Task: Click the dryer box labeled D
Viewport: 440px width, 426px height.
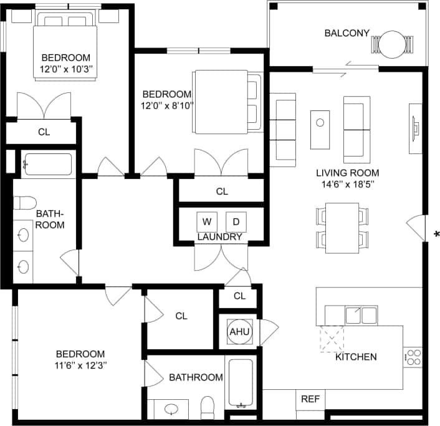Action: point(236,221)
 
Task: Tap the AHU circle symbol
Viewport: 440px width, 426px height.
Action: point(239,332)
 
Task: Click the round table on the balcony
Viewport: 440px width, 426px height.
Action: point(393,45)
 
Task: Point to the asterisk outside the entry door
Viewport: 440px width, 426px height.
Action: point(436,235)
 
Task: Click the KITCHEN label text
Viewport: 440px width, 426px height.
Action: point(356,357)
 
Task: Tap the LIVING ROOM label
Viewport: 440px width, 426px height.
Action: point(347,173)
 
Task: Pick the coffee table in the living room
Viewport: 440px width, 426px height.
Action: point(320,129)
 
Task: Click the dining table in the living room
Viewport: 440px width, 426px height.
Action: point(342,227)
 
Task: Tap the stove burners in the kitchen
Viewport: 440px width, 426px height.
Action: point(413,357)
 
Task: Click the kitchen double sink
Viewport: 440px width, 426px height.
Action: point(361,316)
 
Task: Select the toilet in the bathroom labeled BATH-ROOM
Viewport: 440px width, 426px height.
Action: point(26,203)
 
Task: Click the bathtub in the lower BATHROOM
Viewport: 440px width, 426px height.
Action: point(240,383)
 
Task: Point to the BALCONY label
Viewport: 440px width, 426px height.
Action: point(347,33)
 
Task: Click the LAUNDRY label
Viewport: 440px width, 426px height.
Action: point(219,237)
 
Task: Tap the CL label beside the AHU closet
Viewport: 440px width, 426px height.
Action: point(239,296)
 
